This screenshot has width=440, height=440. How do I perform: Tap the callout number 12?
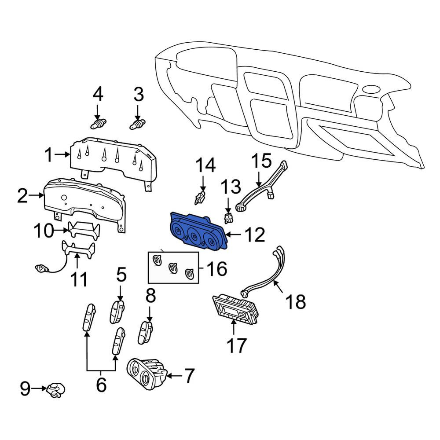[255, 235]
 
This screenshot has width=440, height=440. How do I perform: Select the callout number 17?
[237, 345]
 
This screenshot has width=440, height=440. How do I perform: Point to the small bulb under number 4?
[99, 124]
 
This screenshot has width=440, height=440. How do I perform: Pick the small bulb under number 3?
[137, 124]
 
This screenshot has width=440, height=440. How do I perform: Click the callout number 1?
[48, 155]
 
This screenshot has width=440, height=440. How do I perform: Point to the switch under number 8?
[145, 333]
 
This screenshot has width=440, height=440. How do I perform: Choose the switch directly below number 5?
[117, 312]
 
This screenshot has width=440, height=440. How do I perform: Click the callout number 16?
[217, 268]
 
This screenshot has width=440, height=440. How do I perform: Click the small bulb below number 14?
[200, 198]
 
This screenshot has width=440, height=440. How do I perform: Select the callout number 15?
[261, 161]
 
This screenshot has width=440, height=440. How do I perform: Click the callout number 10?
[44, 231]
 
